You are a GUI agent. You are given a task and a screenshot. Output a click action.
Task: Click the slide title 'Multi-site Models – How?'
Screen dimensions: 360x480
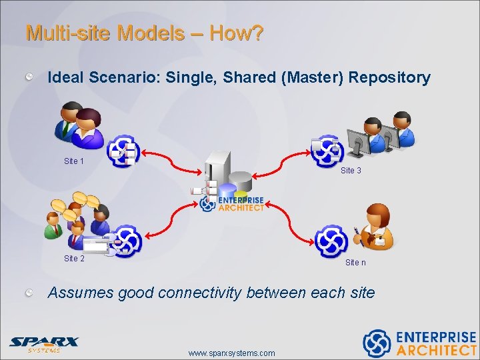(144, 33)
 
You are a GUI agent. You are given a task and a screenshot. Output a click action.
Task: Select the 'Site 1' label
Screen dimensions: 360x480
(74, 161)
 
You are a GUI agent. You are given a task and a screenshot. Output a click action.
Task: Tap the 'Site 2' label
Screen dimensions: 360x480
(74, 259)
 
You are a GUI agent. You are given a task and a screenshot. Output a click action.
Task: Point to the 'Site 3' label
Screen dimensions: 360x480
(351, 171)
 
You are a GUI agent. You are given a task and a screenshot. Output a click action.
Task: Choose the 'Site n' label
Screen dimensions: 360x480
(355, 263)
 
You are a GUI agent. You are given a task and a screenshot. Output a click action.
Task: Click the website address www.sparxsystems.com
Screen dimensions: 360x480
(231, 353)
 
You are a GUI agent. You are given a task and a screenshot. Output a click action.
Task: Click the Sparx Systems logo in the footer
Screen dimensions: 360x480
(44, 343)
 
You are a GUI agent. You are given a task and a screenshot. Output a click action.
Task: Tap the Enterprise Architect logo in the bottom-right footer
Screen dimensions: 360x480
(419, 343)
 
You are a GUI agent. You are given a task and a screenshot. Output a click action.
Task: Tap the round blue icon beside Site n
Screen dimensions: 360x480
(331, 241)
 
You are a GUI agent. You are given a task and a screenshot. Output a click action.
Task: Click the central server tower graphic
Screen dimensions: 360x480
(218, 171)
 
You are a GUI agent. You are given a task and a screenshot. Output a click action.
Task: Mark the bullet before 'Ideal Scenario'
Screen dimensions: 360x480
(30, 78)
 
